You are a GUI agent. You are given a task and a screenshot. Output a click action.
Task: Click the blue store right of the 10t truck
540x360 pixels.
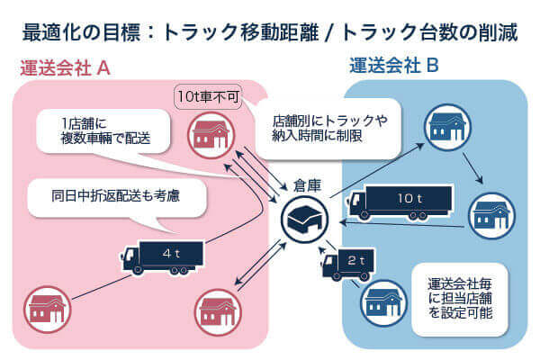click(x=492, y=213)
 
